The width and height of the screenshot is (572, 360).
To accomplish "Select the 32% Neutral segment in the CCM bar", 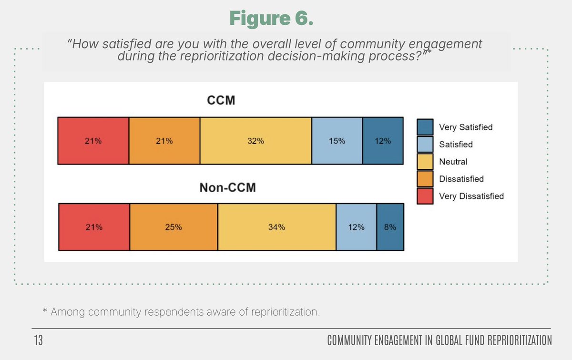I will pos(255,141).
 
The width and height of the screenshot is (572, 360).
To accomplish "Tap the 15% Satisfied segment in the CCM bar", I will pos(337,141).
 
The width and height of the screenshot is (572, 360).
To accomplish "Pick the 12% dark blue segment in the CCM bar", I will pos(383,141).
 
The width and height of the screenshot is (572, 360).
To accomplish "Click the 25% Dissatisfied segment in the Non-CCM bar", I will pos(174,227).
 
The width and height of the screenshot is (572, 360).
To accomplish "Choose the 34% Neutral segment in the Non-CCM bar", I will pos(276,227).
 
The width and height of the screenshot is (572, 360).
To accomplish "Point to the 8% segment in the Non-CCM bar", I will pos(390,227).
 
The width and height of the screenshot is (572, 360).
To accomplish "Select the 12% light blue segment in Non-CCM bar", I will pos(356,227).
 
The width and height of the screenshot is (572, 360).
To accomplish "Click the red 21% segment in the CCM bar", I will pos(93,141).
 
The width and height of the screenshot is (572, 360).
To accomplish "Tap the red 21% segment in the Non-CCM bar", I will pos(94,227).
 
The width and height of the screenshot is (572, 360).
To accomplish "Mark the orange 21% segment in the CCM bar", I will pos(164,141).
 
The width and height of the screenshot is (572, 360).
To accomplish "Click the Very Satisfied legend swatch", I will pos(425,127).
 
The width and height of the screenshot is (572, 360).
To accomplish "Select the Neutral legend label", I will pos(453,162).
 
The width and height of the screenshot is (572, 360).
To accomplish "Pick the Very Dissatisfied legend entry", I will pos(471,196).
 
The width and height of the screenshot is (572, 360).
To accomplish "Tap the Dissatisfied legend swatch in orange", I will pos(425,179).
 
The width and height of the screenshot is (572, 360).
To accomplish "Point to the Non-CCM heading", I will pos(227,188).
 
